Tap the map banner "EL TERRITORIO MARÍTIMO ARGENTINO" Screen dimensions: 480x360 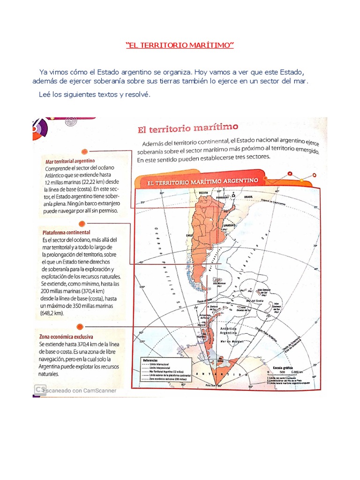(203, 180)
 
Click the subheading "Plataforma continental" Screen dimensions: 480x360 (66, 232)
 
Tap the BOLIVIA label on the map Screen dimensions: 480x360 (203, 193)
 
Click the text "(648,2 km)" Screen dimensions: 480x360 (52, 313)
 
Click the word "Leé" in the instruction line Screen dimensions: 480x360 (45, 95)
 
